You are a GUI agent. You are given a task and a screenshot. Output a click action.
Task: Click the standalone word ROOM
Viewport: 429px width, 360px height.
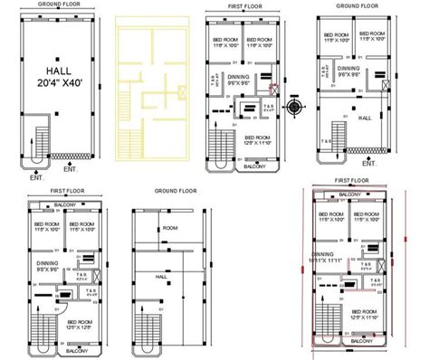coord(170,229)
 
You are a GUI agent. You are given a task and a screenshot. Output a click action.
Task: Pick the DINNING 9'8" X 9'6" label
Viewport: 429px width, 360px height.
coord(47,267)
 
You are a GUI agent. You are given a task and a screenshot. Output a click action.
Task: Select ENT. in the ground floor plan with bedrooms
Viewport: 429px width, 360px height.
coord(368,165)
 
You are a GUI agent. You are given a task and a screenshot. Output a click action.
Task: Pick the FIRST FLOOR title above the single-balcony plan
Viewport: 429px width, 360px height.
coord(243,5)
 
